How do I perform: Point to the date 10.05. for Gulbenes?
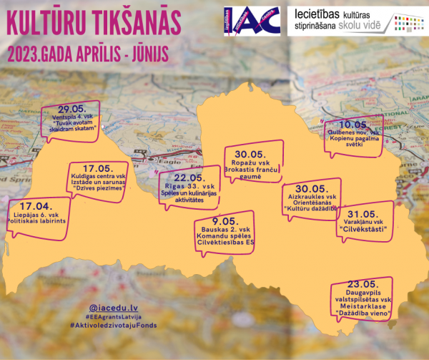352,123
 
